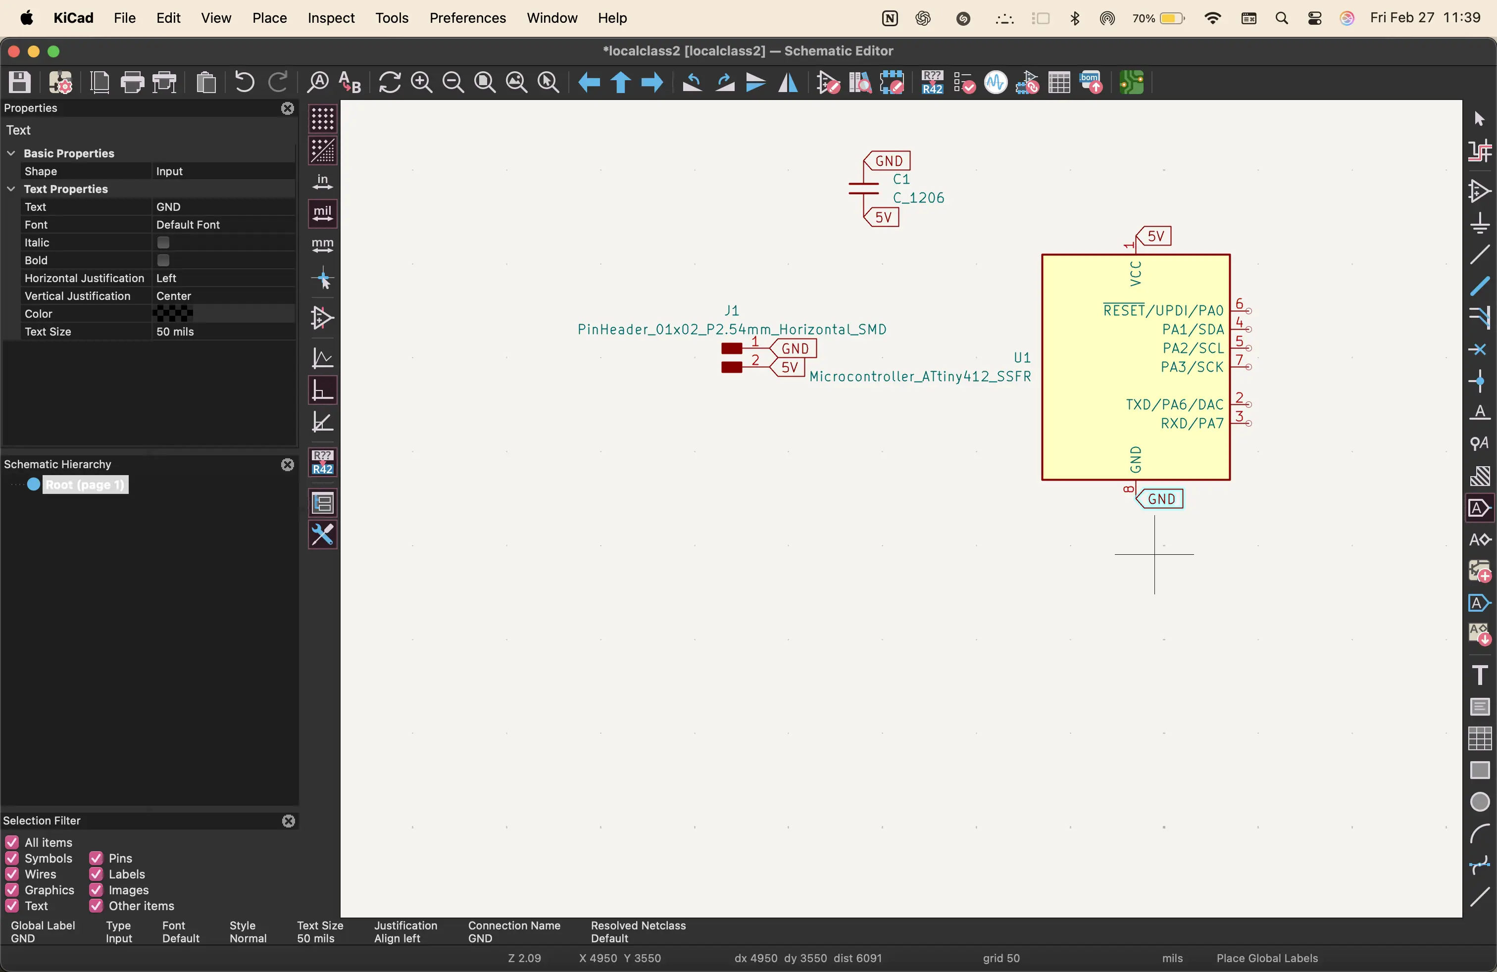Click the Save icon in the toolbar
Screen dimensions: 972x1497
click(19, 82)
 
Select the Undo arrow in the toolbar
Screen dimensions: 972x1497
click(244, 82)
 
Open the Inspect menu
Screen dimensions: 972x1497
click(331, 18)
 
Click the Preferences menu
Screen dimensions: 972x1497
click(467, 18)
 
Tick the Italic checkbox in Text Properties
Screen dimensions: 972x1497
click(163, 243)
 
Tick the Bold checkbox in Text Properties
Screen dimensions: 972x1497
click(163, 260)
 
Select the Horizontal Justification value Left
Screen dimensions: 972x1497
click(167, 279)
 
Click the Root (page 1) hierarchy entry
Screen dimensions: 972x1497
click(85, 485)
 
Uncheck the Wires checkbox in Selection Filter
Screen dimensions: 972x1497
click(12, 875)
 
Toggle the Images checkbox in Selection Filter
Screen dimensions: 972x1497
click(96, 890)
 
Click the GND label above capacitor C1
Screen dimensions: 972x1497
click(888, 161)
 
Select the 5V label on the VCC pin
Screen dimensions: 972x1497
click(1155, 237)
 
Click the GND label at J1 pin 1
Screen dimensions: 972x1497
click(795, 348)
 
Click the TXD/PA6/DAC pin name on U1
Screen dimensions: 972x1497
click(1174, 405)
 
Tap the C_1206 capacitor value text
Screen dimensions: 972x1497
click(918, 198)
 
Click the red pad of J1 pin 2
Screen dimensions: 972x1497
click(732, 367)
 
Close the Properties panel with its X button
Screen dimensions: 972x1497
click(288, 108)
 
